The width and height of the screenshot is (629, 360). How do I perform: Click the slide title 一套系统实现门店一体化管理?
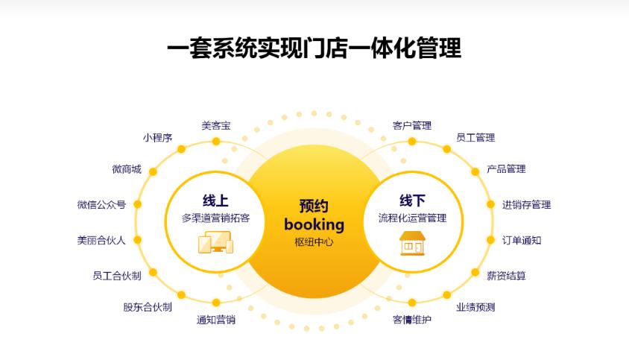click(x=314, y=48)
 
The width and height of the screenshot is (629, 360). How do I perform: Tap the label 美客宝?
click(x=216, y=126)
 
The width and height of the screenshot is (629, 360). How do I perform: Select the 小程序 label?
click(x=157, y=138)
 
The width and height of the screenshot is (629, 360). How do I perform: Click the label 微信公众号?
click(x=101, y=205)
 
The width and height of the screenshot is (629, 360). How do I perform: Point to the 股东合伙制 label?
click(x=148, y=307)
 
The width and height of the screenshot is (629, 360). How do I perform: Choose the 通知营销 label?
click(x=216, y=320)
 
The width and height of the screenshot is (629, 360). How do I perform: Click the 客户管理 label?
click(x=412, y=126)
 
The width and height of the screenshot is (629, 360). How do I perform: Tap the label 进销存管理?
click(x=526, y=205)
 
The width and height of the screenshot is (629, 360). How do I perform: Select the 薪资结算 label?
click(x=506, y=275)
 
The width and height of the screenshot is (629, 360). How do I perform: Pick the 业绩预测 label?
click(x=475, y=307)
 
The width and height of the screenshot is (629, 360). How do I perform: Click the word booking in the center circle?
click(x=314, y=225)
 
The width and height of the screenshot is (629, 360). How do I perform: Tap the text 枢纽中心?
click(x=314, y=241)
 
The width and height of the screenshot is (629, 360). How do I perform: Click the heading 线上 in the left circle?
click(x=215, y=200)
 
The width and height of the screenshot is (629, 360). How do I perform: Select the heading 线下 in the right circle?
click(x=412, y=200)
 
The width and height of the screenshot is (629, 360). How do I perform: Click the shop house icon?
click(x=412, y=243)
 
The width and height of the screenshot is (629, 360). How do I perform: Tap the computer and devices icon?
click(x=216, y=242)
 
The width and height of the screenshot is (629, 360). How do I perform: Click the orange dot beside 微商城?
click(x=153, y=171)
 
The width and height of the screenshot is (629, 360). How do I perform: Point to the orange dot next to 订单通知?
click(x=490, y=240)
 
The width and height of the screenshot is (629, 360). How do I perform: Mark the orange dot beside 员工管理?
click(x=446, y=149)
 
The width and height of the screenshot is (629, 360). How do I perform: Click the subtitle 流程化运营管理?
click(x=412, y=218)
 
